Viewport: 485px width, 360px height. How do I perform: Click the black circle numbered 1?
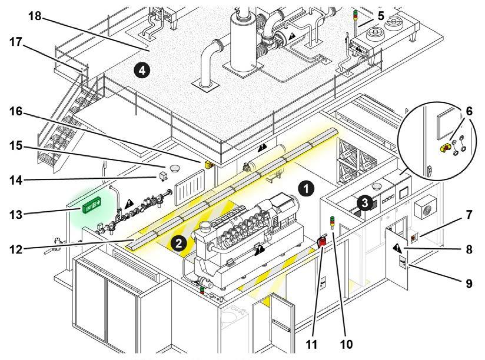(x=305, y=188)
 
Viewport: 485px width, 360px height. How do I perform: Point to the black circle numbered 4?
(x=140, y=71)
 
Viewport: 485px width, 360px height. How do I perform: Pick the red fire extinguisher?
(x=323, y=242)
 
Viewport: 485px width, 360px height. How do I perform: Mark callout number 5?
(x=381, y=16)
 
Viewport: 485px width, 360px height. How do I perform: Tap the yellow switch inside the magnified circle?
(x=445, y=145)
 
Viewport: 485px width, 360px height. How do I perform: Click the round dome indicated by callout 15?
(x=174, y=169)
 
